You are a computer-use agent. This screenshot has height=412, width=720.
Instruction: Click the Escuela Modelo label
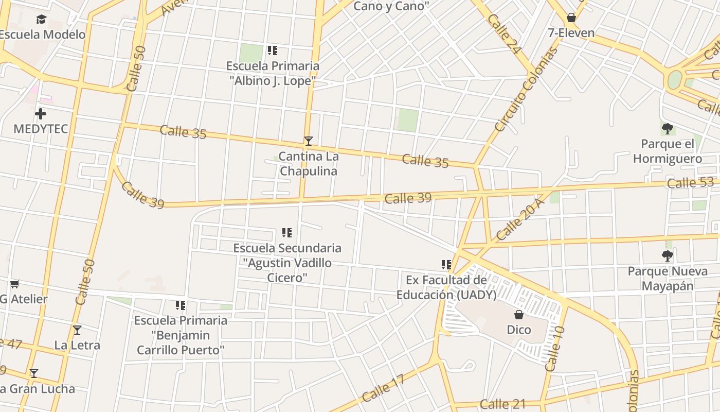(43, 35)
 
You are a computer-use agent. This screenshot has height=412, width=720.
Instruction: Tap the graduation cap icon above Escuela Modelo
(41, 20)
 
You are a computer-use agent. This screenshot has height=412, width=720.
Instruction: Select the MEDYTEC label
(41, 129)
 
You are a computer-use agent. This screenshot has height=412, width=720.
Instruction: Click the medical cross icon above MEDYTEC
(41, 114)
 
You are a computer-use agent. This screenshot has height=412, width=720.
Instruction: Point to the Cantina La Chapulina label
(308, 164)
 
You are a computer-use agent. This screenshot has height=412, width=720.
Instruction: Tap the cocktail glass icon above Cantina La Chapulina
(308, 141)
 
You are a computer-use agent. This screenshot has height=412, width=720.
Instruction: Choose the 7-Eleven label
(571, 33)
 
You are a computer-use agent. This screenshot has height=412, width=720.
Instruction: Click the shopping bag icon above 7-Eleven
(571, 18)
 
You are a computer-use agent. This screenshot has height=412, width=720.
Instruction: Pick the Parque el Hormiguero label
(668, 151)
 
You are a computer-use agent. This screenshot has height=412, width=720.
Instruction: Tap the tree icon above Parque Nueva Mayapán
(668, 255)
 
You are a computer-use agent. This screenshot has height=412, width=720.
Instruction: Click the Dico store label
(519, 330)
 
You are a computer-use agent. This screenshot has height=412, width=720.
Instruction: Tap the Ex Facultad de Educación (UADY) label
(446, 287)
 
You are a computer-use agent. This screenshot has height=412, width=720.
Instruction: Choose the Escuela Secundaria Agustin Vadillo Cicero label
(287, 263)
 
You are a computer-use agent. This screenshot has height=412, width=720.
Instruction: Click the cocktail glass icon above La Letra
(77, 330)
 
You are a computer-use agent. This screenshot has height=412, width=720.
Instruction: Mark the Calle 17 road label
(383, 388)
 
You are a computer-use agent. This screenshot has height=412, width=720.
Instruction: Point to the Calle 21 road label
(502, 404)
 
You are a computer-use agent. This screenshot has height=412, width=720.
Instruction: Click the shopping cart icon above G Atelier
(15, 284)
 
